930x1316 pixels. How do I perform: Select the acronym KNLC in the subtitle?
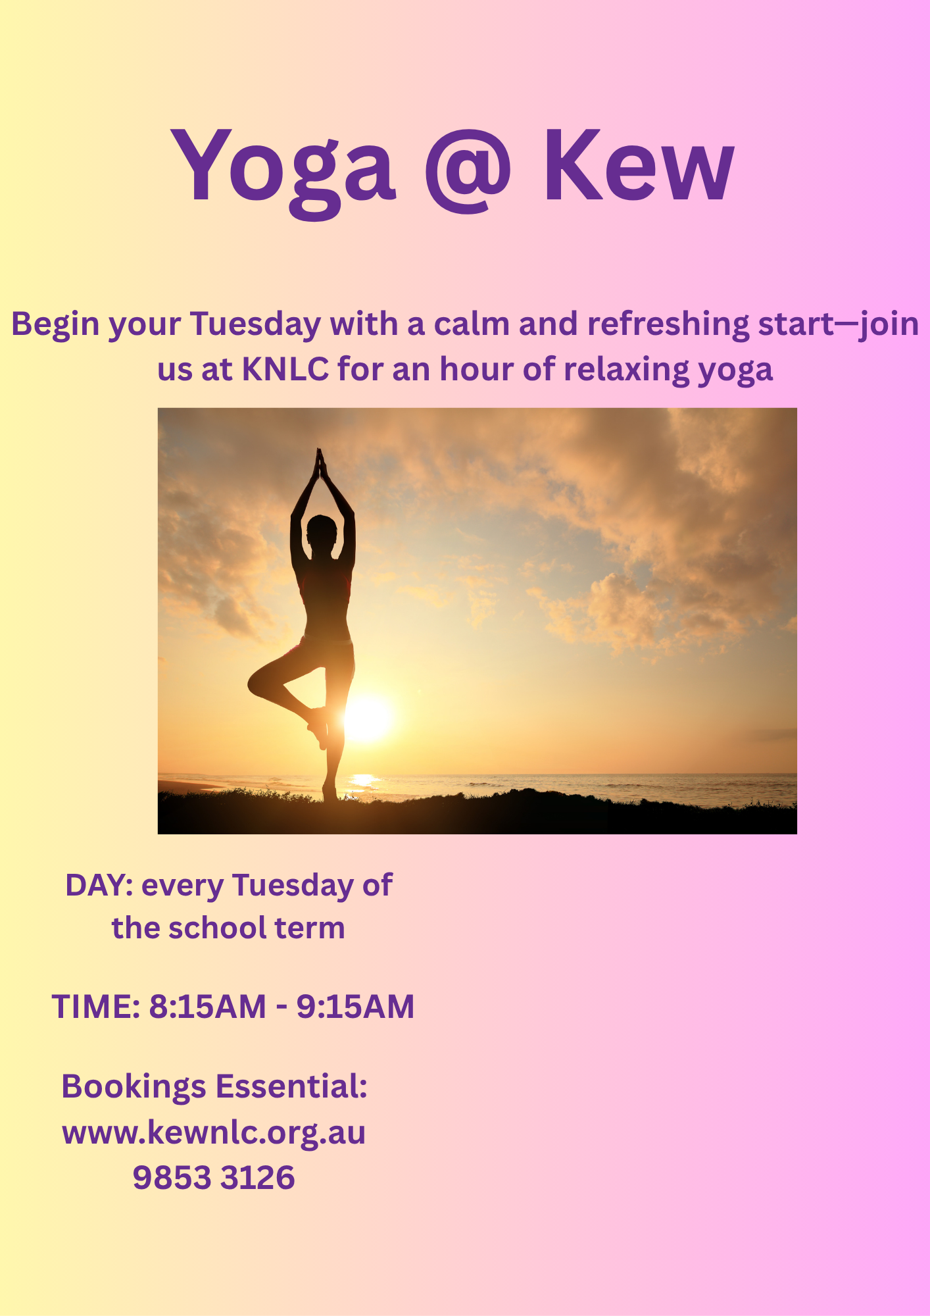[x=285, y=369]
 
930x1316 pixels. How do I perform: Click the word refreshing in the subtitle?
[x=668, y=324]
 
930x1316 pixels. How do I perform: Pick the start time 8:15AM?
[x=207, y=1007]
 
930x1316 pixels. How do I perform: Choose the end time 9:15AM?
[x=355, y=1007]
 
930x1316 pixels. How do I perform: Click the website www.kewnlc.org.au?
[x=214, y=1133]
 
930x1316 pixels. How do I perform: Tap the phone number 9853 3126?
[x=214, y=1178]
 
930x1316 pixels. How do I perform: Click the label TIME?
[x=96, y=1007]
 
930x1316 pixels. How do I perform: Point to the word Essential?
[x=291, y=1086]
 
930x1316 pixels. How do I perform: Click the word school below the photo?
[x=217, y=928]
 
